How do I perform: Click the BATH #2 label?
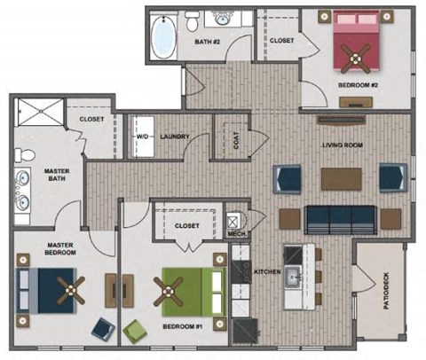(x=208, y=40)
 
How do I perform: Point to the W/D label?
(x=142, y=137)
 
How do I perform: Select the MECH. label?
(x=235, y=235)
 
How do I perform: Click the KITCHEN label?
(x=267, y=270)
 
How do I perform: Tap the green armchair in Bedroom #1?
(x=134, y=331)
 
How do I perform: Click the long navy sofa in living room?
(x=340, y=217)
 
